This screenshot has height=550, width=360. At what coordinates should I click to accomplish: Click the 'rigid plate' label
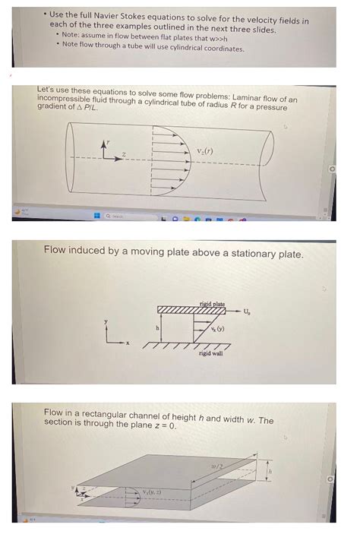(212, 304)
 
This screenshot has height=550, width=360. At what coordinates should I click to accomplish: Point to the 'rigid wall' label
(210, 353)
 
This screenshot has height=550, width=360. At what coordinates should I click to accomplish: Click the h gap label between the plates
(158, 328)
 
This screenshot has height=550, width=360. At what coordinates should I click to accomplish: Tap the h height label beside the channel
(268, 472)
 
